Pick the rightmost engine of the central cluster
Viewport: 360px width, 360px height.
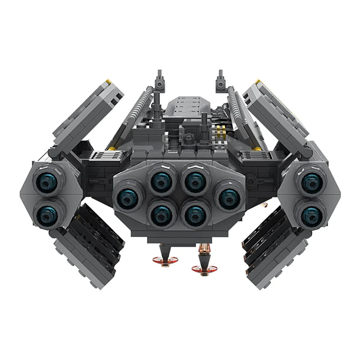tap(229, 197)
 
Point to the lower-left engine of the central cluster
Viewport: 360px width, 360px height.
tap(160, 213)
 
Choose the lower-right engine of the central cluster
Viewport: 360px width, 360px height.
tap(195, 213)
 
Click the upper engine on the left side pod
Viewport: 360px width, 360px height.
tap(46, 181)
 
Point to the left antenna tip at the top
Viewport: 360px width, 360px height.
tap(159, 73)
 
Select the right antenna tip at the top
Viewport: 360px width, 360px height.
tap(221, 73)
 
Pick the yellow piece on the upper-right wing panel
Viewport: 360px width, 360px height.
tap(258, 82)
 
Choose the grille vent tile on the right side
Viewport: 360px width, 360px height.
tap(254, 156)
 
